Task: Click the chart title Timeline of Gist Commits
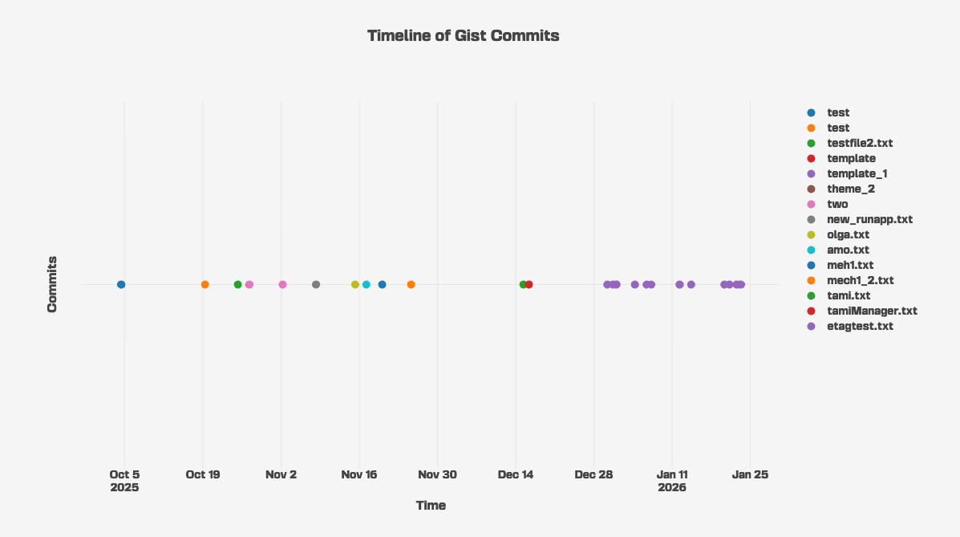(x=463, y=35)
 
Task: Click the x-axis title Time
(x=431, y=506)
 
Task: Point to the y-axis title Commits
(x=52, y=284)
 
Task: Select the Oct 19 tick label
(x=202, y=474)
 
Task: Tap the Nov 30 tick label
(x=437, y=474)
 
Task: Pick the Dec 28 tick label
(x=593, y=474)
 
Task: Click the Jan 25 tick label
(x=750, y=474)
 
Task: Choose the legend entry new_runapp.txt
(x=869, y=219)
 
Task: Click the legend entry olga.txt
(x=848, y=234)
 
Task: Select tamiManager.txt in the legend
(x=872, y=311)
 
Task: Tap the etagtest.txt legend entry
(x=860, y=326)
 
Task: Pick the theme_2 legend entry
(x=850, y=189)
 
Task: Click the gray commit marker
(x=316, y=285)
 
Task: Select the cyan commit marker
(x=367, y=285)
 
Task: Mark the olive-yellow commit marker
(x=355, y=285)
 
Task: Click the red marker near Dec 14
(x=529, y=285)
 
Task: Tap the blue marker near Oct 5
(x=121, y=285)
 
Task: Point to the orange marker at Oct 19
(x=205, y=285)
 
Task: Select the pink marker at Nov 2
(x=282, y=285)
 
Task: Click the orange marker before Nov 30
(x=411, y=285)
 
